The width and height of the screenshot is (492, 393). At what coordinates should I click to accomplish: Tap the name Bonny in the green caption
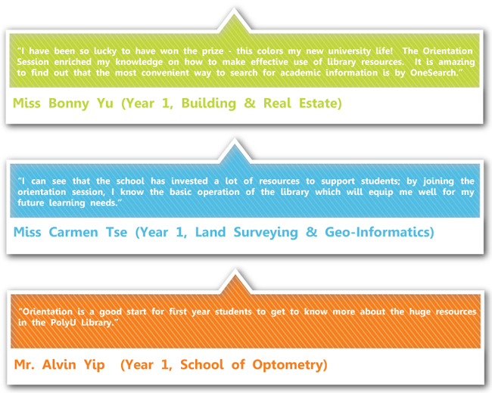coord(69,104)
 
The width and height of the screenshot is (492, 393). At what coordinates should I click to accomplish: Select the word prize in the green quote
coord(213,51)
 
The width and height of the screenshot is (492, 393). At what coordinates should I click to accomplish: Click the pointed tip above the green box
coord(234,9)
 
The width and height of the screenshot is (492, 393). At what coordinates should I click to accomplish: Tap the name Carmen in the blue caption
coord(73,232)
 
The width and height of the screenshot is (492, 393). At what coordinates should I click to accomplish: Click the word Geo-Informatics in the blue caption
coord(376,232)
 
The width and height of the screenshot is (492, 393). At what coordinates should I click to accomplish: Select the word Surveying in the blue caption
coord(266,233)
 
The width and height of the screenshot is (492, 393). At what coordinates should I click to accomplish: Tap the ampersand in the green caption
coord(250,104)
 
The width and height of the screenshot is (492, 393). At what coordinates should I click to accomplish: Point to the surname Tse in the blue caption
coord(117,232)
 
